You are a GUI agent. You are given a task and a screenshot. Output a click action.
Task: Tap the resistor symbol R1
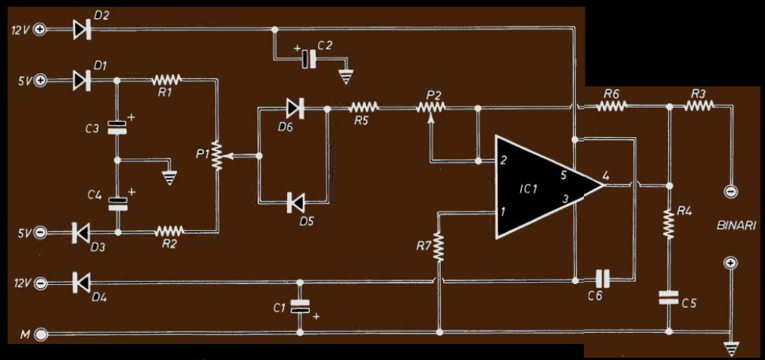pyautogui.click(x=167, y=79)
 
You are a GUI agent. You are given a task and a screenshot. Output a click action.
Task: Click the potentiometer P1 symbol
pyautogui.click(x=218, y=155)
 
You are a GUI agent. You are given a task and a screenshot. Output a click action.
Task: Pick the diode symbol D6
pyautogui.click(x=295, y=109)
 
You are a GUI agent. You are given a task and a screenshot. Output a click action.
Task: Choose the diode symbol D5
pyautogui.click(x=295, y=202)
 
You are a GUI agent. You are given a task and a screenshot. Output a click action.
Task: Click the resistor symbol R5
pyautogui.click(x=364, y=108)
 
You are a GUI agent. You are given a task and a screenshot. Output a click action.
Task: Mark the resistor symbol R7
pyautogui.click(x=439, y=247)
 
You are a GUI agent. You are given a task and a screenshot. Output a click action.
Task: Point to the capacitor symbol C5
pyautogui.click(x=670, y=298)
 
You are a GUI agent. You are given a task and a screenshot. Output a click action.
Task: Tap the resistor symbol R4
pyautogui.click(x=670, y=222)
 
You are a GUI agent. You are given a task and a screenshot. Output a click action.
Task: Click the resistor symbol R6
pyautogui.click(x=611, y=107)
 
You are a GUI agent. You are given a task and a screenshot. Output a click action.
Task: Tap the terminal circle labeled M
pyautogui.click(x=40, y=333)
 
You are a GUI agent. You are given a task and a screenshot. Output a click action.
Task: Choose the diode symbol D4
pyautogui.click(x=81, y=283)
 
